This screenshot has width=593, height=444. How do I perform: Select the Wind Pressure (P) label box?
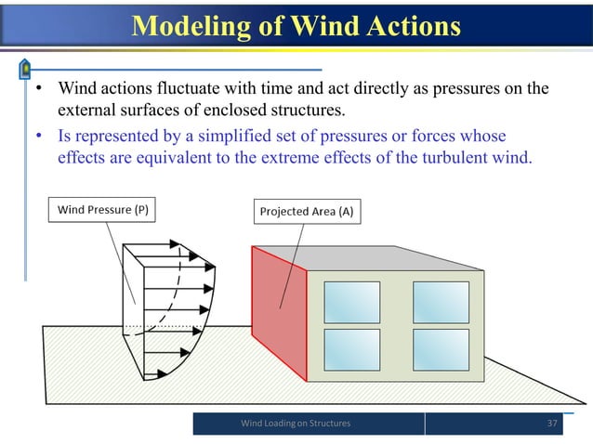point(102,210)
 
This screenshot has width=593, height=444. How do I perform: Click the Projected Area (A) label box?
point(305,212)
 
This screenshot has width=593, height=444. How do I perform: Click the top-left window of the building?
point(352,301)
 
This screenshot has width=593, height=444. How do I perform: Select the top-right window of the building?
point(441,301)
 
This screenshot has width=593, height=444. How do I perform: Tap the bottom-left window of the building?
point(352,349)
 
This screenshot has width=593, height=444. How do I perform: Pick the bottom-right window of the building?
point(441,349)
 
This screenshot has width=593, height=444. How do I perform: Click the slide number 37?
point(553,424)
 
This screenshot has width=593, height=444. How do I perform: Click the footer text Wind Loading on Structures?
point(296,424)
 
